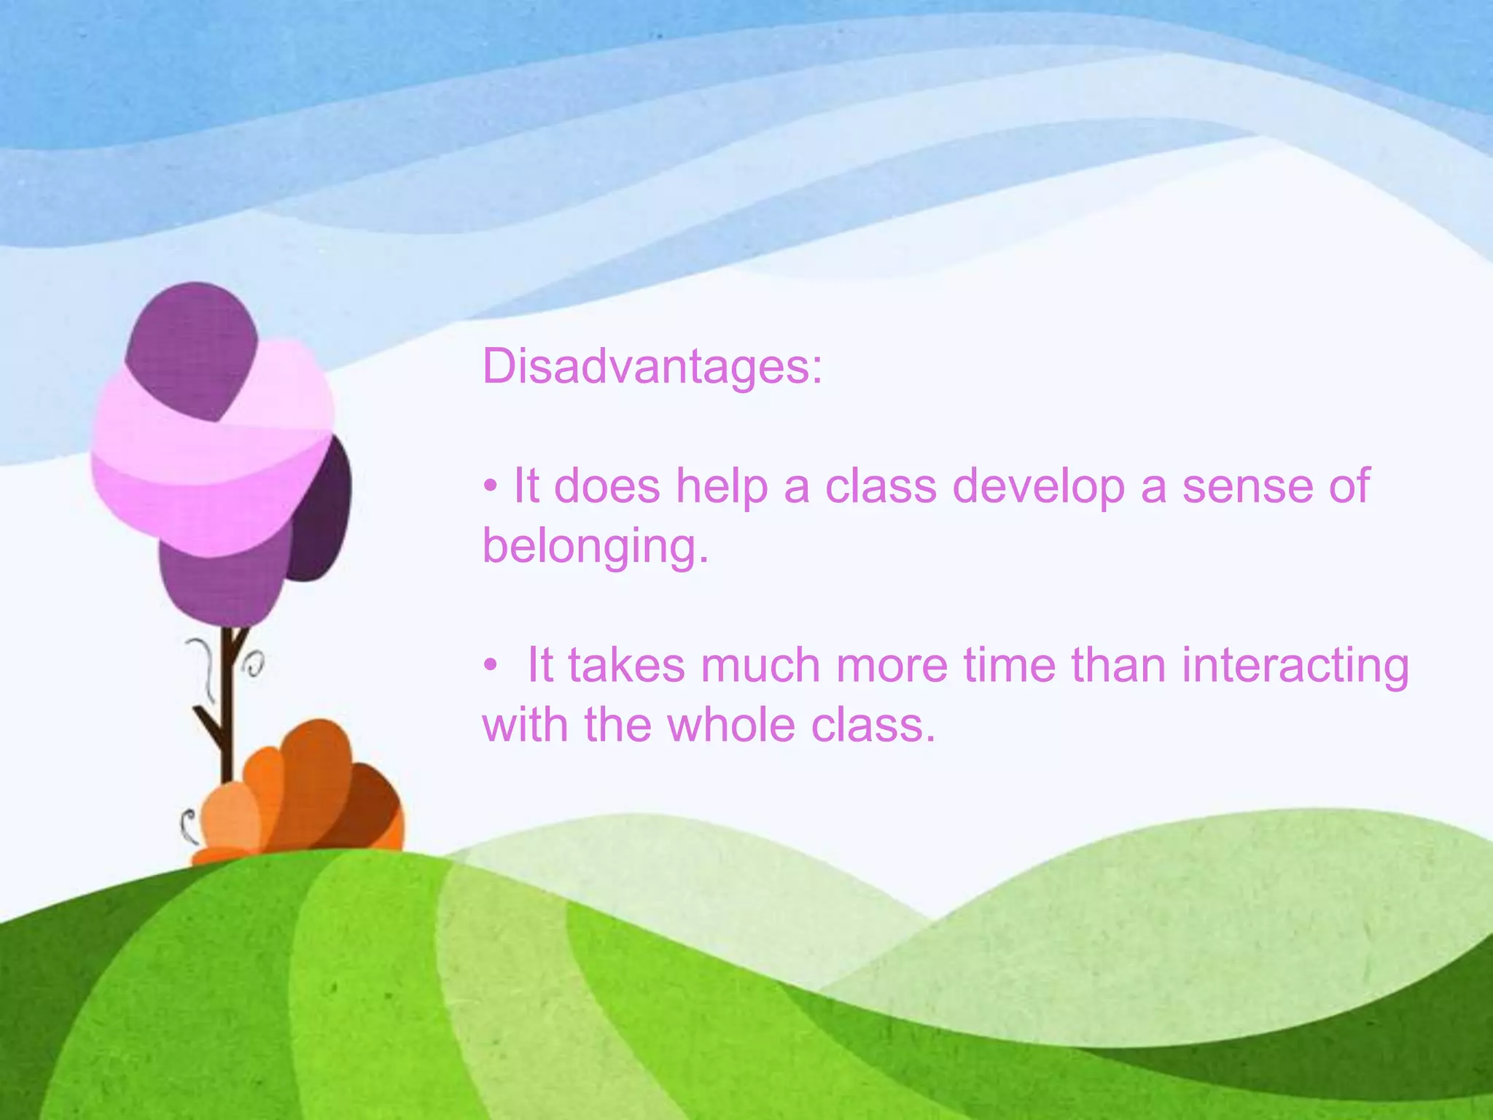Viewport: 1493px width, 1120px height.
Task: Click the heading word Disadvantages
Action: [x=652, y=367]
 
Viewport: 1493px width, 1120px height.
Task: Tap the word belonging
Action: [x=595, y=547]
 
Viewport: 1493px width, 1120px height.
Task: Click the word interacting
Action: [x=1295, y=667]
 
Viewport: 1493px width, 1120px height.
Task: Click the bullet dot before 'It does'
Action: [x=491, y=486]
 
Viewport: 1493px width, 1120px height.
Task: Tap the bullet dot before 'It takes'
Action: [x=491, y=666]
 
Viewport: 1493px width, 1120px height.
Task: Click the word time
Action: [x=1009, y=666]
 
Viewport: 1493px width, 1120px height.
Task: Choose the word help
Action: [x=721, y=486]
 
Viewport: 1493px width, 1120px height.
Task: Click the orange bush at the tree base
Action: [x=306, y=795]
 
